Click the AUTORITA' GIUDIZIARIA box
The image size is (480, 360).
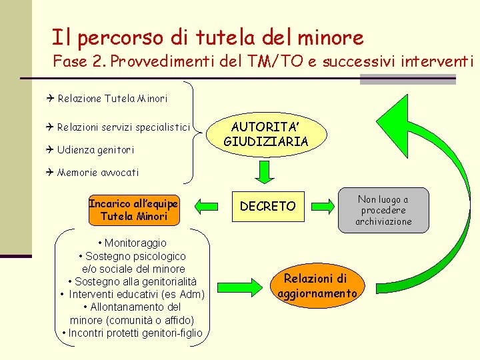(265, 133)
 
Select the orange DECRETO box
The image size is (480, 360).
(267, 207)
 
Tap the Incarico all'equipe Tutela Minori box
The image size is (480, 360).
(133, 209)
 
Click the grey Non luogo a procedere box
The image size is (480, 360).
(383, 210)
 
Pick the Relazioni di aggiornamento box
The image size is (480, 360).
(317, 286)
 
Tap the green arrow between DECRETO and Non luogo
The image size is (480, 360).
(325, 206)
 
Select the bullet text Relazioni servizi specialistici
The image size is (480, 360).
(123, 127)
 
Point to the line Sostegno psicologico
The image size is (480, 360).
(131, 256)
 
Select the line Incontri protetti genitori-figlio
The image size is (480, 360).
(131, 333)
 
